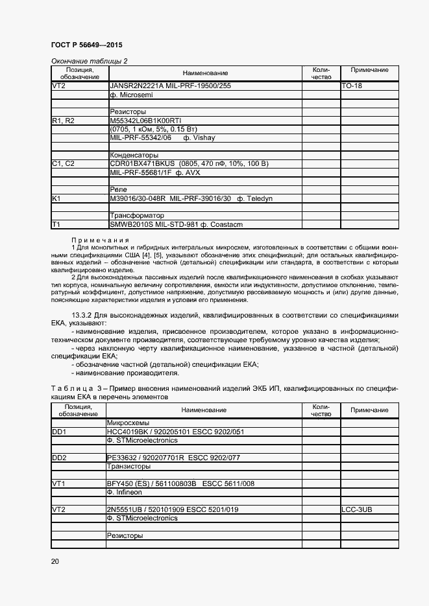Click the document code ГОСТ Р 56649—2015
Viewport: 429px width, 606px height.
click(x=86, y=45)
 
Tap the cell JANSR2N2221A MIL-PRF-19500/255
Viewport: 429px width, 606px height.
click(x=171, y=86)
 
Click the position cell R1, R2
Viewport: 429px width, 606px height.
click(x=63, y=121)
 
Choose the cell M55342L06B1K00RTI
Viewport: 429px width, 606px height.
click(x=145, y=121)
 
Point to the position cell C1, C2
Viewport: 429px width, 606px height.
click(x=63, y=163)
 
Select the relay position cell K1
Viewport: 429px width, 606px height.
click(x=56, y=198)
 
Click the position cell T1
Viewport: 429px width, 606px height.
click(x=56, y=224)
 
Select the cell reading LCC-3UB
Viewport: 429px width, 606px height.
click(x=358, y=509)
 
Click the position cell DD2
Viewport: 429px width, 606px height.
click(x=60, y=458)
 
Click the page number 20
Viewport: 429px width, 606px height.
click(x=55, y=561)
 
